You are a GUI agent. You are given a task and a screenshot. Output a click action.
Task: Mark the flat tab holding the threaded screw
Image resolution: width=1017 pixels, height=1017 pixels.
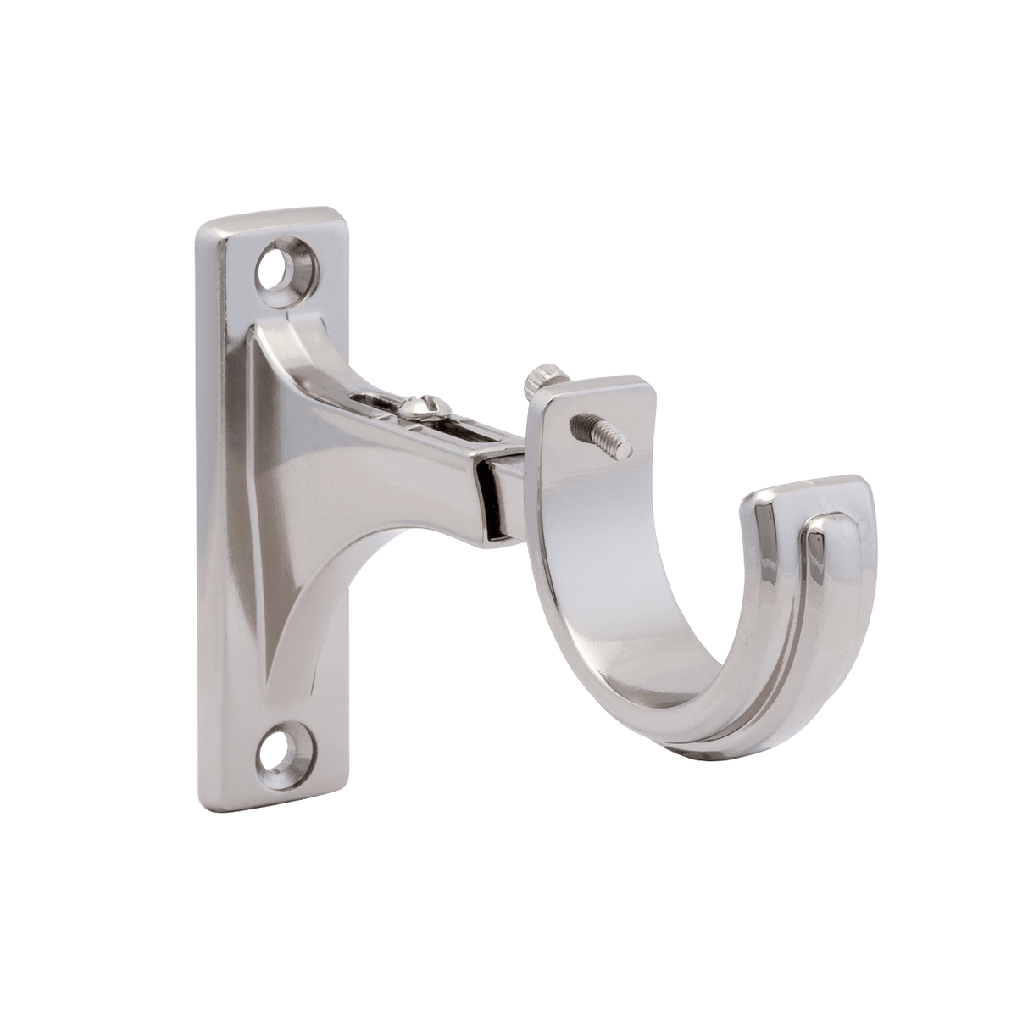(593, 415)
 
